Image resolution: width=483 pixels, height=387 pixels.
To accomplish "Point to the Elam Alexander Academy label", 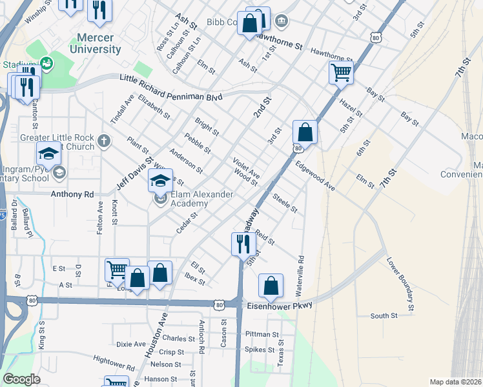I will click(x=189, y=199).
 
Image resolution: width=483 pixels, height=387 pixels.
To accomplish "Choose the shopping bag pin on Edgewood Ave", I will click(x=305, y=132).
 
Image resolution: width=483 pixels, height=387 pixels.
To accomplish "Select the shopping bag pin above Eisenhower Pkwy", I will click(x=271, y=285).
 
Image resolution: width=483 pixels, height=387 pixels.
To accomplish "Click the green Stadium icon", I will click(x=46, y=63).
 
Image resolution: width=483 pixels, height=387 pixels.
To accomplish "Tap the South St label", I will click(x=384, y=315).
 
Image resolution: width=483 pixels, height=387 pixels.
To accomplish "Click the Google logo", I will click(x=22, y=379).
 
